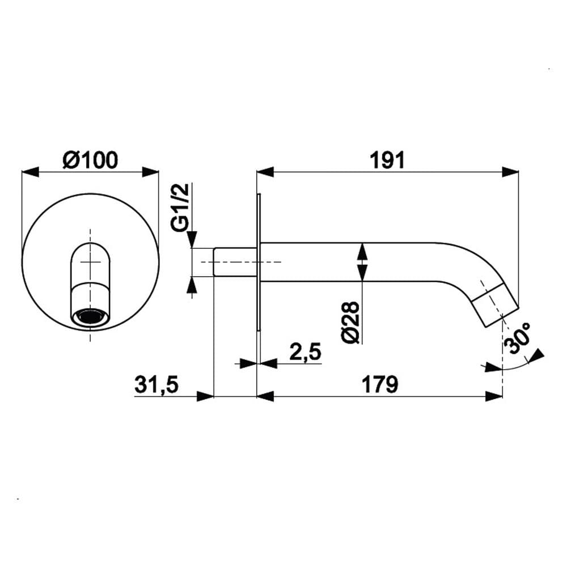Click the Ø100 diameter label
click(90, 160)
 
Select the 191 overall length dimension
click(387, 160)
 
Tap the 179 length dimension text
click(380, 384)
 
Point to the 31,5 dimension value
click(156, 384)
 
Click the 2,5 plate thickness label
click(305, 352)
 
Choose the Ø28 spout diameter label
click(350, 322)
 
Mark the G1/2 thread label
click(180, 207)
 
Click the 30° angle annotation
click(518, 338)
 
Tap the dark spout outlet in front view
click(90, 317)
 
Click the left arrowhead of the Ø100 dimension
click(30, 172)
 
